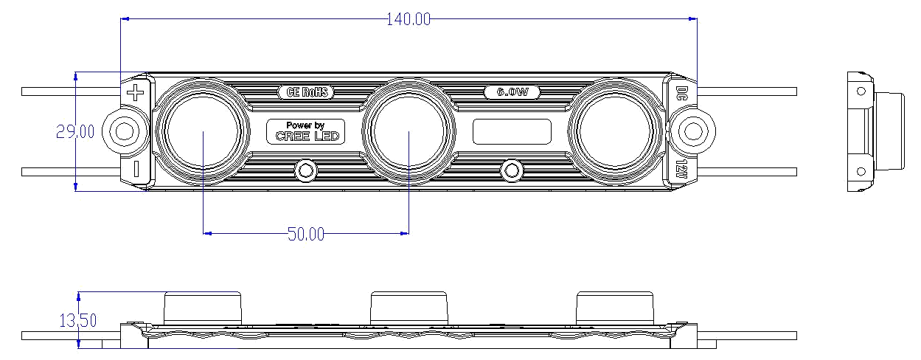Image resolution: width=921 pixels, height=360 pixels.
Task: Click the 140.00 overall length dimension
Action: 409,19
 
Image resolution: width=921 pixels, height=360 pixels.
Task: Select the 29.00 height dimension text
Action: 75,131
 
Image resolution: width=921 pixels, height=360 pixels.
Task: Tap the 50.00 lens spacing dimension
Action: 306,234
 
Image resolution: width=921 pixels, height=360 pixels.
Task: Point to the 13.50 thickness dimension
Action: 78,320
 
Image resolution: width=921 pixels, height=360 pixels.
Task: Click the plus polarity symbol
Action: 135,92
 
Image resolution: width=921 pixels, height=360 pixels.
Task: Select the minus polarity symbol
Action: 136,169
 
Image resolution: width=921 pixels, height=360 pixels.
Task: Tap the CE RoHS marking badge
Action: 306,91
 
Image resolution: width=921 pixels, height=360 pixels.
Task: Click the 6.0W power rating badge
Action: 512,91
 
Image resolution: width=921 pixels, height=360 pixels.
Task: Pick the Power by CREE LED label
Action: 306,131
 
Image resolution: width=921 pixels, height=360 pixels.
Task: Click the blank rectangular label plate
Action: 512,131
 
